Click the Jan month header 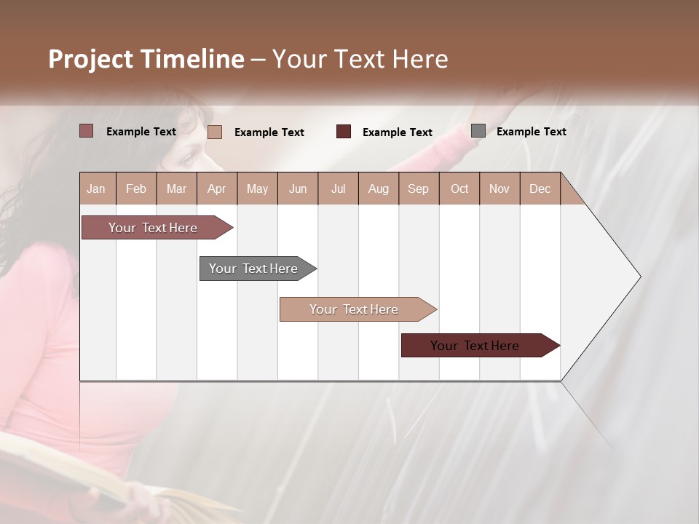tap(96, 188)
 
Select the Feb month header tap(136, 188)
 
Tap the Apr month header tap(216, 188)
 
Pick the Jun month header tap(298, 188)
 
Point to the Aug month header tap(378, 188)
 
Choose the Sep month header tap(418, 188)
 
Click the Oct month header tap(459, 188)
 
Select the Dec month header tap(540, 188)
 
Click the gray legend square tap(478, 131)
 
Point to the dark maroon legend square tap(344, 132)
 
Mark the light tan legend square tap(215, 132)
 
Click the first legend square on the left tap(87, 131)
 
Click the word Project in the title tap(91, 59)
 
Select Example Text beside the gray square tap(531, 131)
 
